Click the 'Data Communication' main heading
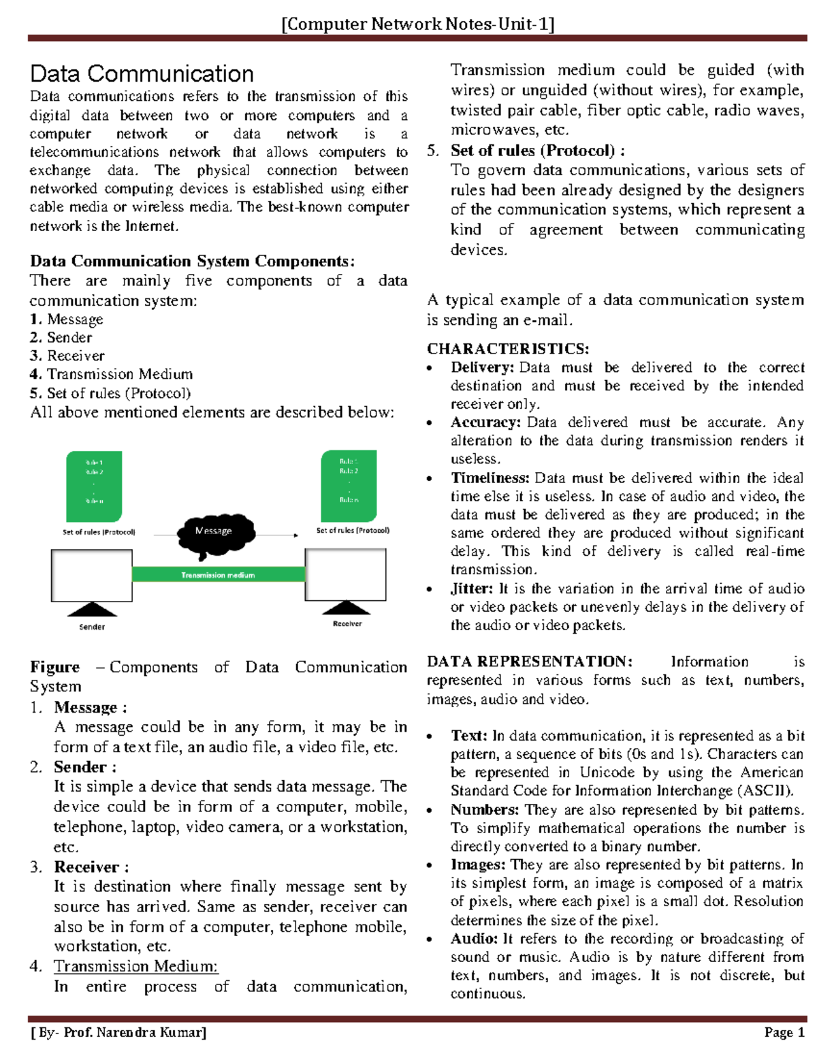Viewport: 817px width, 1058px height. (142, 74)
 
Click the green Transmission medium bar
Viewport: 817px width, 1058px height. (218, 575)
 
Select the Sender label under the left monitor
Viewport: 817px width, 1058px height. (92, 627)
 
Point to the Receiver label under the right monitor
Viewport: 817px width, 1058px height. (347, 623)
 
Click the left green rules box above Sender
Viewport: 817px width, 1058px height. (94, 486)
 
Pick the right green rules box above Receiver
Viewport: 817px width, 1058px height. (349, 485)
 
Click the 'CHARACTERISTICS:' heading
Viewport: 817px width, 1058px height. (508, 349)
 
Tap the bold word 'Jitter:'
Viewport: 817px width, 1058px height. (472, 589)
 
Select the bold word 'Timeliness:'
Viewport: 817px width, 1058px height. (490, 478)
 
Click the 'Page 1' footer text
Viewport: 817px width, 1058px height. (784, 1032)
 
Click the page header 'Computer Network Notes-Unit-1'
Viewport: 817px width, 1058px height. (418, 25)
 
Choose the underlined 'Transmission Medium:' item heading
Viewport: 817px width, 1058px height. (136, 966)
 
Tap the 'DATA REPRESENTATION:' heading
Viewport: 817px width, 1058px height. (529, 662)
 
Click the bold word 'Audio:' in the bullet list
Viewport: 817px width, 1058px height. (474, 939)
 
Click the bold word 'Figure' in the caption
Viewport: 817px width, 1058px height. (54, 668)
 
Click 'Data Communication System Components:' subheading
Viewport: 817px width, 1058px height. (192, 262)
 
